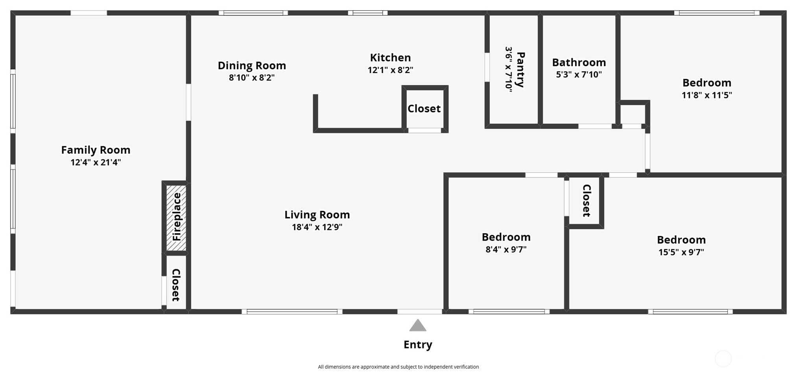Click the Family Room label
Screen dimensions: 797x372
(x=96, y=150)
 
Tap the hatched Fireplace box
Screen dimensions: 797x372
(x=176, y=217)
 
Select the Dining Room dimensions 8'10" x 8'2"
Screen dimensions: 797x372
(x=252, y=77)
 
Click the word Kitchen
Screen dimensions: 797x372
(x=390, y=58)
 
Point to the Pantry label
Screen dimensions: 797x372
(x=520, y=70)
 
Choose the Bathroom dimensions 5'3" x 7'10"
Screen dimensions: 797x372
(x=579, y=74)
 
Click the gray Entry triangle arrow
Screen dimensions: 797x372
(x=418, y=325)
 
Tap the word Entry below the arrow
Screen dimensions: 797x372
(x=418, y=345)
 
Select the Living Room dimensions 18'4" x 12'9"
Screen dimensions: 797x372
(x=317, y=227)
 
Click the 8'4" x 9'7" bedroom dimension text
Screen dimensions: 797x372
(x=506, y=249)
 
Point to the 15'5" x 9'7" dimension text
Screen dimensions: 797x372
(x=681, y=252)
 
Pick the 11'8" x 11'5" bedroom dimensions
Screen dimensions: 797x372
(x=707, y=95)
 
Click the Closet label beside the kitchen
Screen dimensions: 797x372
(x=424, y=109)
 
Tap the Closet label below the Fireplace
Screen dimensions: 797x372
(x=176, y=285)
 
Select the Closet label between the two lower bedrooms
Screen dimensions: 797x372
(x=587, y=201)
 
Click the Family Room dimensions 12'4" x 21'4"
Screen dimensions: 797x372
(x=96, y=162)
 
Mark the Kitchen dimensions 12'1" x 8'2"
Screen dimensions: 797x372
(x=390, y=70)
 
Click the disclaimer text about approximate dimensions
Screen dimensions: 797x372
(x=398, y=367)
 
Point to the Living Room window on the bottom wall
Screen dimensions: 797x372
(x=292, y=312)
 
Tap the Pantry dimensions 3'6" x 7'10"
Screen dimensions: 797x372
(x=509, y=70)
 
